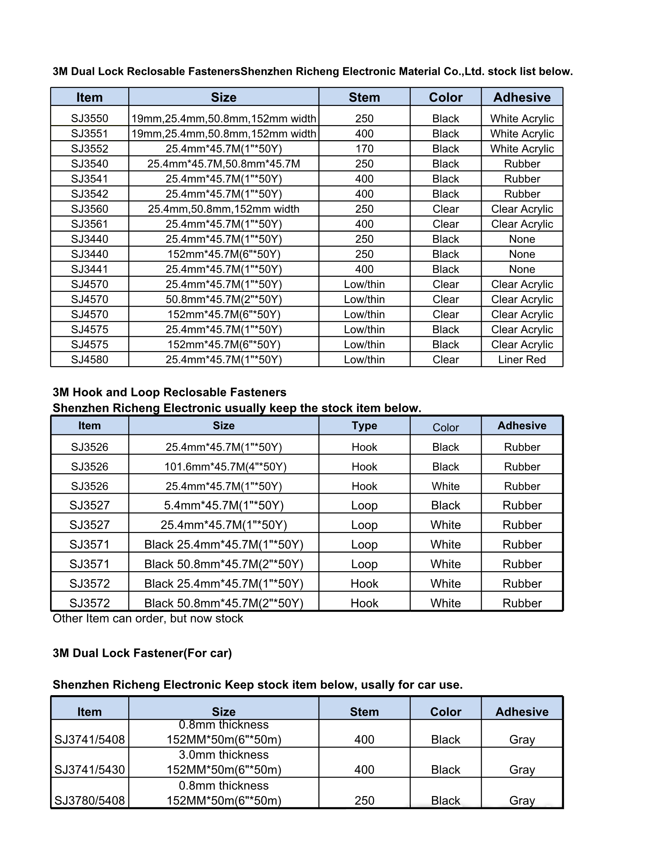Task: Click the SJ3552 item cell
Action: tap(90, 149)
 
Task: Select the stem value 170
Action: tap(364, 149)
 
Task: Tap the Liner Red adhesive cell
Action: tap(522, 360)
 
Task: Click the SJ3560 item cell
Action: tap(90, 209)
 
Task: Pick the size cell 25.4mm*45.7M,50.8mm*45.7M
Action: tap(223, 164)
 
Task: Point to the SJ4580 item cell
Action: tap(90, 360)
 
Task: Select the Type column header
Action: tap(364, 426)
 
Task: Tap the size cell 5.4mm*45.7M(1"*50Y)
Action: tap(223, 506)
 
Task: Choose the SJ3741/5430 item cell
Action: tap(90, 770)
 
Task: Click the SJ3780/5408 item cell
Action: tap(90, 800)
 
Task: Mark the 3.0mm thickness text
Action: tap(223, 755)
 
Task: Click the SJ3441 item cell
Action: tap(90, 269)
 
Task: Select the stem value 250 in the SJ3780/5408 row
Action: tap(364, 800)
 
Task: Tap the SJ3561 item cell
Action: tap(90, 224)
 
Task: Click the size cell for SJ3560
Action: tap(223, 209)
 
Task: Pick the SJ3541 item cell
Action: tap(90, 179)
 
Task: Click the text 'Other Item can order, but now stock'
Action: tap(148, 618)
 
